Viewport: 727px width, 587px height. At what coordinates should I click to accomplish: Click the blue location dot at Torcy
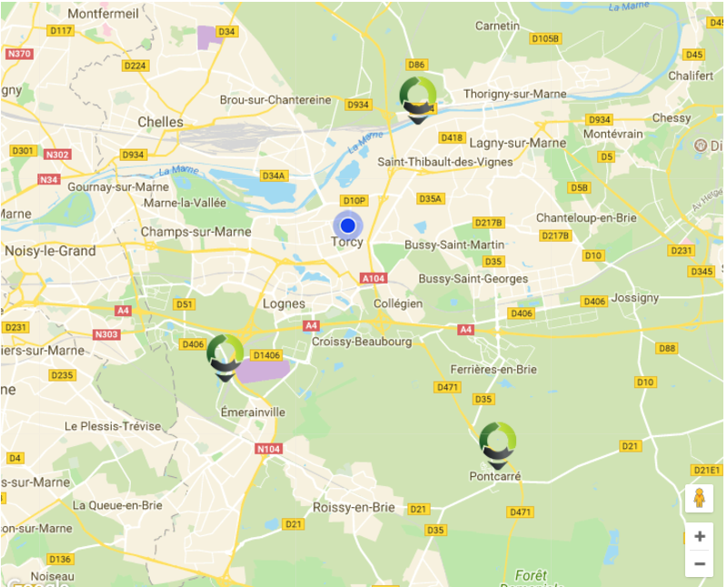[x=347, y=224]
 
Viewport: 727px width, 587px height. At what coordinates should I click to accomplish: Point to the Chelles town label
[x=160, y=122]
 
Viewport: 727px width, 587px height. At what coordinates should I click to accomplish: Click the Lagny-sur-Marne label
[x=518, y=143]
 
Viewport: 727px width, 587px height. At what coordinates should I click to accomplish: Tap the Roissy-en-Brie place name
[x=354, y=507]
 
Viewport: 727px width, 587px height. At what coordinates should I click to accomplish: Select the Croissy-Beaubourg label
[x=362, y=342]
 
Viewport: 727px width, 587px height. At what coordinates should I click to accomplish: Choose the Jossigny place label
[x=635, y=297]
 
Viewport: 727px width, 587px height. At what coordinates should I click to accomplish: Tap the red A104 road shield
[x=373, y=278]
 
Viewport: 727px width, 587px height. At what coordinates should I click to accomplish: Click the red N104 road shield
[x=269, y=449]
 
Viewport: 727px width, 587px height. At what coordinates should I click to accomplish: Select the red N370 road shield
[x=18, y=54]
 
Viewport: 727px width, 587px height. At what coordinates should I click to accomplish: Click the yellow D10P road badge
[x=354, y=200]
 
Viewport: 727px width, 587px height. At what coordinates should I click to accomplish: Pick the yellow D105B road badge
[x=545, y=38]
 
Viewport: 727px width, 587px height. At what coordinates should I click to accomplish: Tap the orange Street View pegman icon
[x=699, y=498]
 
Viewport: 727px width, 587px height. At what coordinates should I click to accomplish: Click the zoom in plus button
[x=699, y=536]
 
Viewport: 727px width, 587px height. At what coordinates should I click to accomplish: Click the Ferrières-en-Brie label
[x=493, y=369]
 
